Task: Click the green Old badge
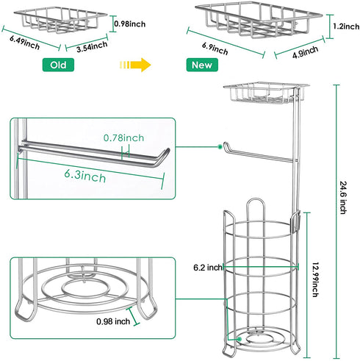coord(58,65)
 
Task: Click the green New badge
coord(202,65)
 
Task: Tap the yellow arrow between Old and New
coord(135,65)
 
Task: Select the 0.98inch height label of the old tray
coord(130,24)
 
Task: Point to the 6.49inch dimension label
coord(25,43)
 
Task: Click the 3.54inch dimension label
coord(92,46)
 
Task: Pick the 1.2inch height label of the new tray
coord(346,26)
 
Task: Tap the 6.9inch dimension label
coord(215,49)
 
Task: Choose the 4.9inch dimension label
coord(306,52)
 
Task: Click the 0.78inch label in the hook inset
coord(123,138)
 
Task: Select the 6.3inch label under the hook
coord(85,176)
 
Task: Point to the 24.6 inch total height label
coord(343,198)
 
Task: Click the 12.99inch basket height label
coord(316,279)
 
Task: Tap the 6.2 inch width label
coord(208,268)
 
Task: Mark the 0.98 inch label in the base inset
coord(113,321)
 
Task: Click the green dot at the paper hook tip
coord(220,147)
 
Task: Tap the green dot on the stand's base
coord(240,339)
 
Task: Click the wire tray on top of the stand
coord(267,92)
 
